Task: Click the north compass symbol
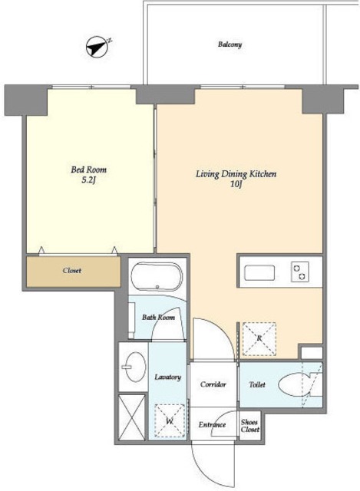click(x=97, y=48)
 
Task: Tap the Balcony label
click(x=230, y=44)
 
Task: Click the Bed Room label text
click(x=89, y=170)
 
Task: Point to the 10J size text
click(x=236, y=184)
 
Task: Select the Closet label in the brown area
click(x=72, y=271)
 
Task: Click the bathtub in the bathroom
click(x=157, y=276)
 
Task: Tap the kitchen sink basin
click(x=259, y=273)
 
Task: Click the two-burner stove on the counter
click(x=300, y=272)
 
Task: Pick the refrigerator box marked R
click(x=259, y=339)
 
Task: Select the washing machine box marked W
click(x=170, y=421)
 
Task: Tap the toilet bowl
click(x=295, y=384)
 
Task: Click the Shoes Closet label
click(x=249, y=426)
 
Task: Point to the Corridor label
click(x=213, y=384)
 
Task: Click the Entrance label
click(x=212, y=425)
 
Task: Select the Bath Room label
click(x=158, y=317)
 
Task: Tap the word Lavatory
click(x=168, y=377)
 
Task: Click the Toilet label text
click(x=257, y=384)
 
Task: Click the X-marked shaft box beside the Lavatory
click(x=132, y=417)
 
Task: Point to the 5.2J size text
click(x=88, y=181)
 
